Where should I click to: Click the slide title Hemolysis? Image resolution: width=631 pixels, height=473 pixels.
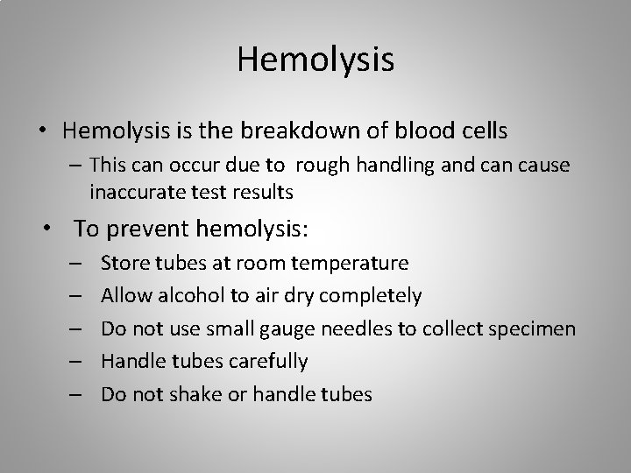click(x=315, y=60)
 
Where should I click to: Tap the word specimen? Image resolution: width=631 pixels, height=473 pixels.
click(x=535, y=328)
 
